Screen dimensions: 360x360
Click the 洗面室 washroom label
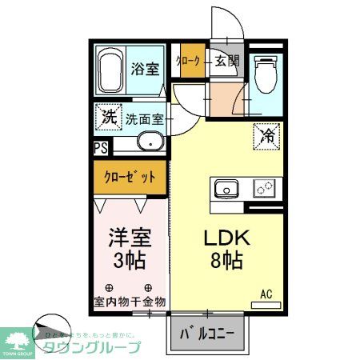click(x=145, y=120)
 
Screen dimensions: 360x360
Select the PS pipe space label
click(x=101, y=147)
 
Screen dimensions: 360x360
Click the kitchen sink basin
click(x=226, y=190)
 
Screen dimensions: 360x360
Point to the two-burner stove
click(x=265, y=190)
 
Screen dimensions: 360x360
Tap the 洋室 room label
click(x=129, y=238)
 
